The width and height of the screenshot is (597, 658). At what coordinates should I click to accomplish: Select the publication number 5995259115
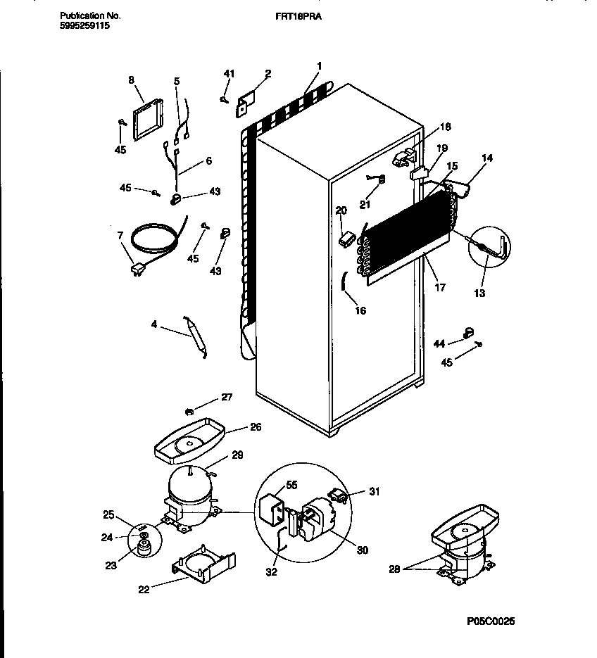(85, 25)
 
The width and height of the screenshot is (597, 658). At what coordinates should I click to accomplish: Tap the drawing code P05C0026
(491, 621)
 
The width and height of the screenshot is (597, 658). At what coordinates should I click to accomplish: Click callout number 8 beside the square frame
(131, 80)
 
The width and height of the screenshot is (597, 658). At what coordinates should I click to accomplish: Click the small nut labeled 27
(189, 410)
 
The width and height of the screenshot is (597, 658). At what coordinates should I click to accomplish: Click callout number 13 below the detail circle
(479, 293)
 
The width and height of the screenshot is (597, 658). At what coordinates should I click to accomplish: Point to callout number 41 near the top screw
(228, 73)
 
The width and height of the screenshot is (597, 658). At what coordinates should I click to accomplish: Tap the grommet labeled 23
(145, 548)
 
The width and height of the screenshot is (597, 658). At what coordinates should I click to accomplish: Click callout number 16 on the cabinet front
(360, 310)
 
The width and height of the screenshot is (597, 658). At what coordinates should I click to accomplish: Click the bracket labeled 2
(244, 103)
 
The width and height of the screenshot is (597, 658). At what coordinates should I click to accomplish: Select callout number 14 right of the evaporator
(485, 160)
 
